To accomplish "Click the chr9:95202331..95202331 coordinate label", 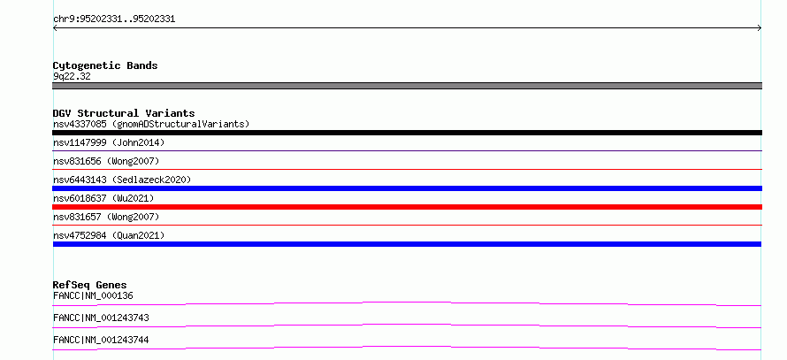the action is point(114,19).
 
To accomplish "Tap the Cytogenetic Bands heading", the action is point(105,65).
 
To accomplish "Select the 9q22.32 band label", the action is point(72,77).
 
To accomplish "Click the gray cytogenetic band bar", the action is point(407,86).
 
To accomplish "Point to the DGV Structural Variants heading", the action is point(124,113).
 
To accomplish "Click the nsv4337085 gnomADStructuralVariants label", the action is point(151,124).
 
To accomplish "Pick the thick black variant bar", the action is point(407,133).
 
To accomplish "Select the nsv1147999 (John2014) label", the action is point(109,142).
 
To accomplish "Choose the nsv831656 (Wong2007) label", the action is point(106,161).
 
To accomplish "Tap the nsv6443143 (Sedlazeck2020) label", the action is point(122,180).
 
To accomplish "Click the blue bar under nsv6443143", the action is point(407,188).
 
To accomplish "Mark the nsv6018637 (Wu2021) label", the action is point(103,198).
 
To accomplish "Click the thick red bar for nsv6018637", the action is point(407,207).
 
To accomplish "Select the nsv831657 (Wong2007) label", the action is point(106,217).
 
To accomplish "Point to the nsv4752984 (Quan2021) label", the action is point(109,235).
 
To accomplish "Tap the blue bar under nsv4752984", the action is point(407,244).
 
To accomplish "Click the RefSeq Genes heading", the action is point(90,285).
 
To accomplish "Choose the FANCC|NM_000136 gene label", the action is point(93,295).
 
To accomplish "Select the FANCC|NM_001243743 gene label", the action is point(101,318).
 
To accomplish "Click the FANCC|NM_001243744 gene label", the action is point(101,340).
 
